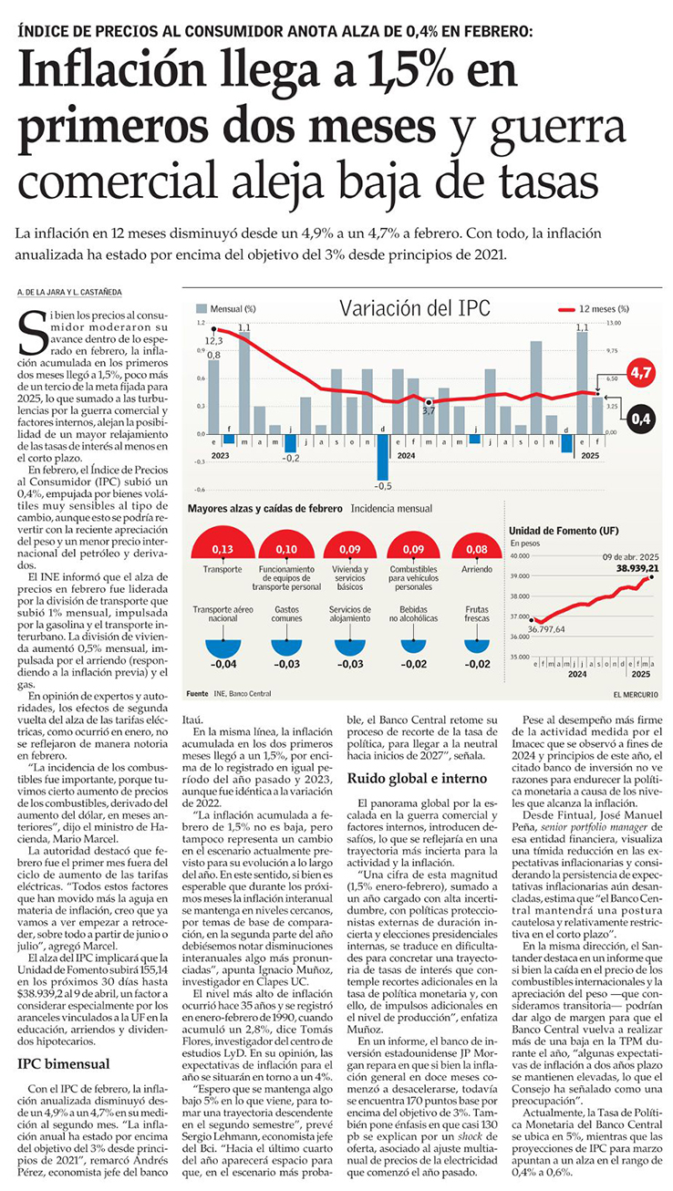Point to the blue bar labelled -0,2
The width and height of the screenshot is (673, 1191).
pos(290,443)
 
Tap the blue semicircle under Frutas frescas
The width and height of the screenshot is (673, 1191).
pos(476,647)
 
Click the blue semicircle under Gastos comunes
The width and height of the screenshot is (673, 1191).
pos(286,647)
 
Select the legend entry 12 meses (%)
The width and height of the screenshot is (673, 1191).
pos(603,309)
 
